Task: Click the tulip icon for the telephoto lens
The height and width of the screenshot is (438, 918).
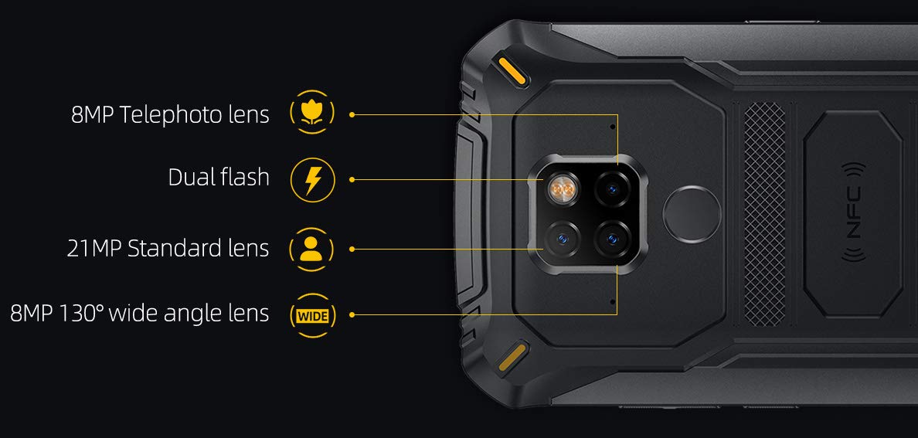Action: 312,113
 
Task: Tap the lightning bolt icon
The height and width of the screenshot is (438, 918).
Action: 312,180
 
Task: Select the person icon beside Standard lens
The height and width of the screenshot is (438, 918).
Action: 311,249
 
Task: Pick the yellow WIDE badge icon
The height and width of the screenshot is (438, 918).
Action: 311,315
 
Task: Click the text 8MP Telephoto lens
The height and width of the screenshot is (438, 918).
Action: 170,115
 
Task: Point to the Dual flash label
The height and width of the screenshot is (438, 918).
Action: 219,177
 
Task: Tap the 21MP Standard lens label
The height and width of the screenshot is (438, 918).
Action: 168,249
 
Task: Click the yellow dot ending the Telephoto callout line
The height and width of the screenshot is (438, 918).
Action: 352,114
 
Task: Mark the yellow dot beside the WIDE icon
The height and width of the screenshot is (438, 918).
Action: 352,314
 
